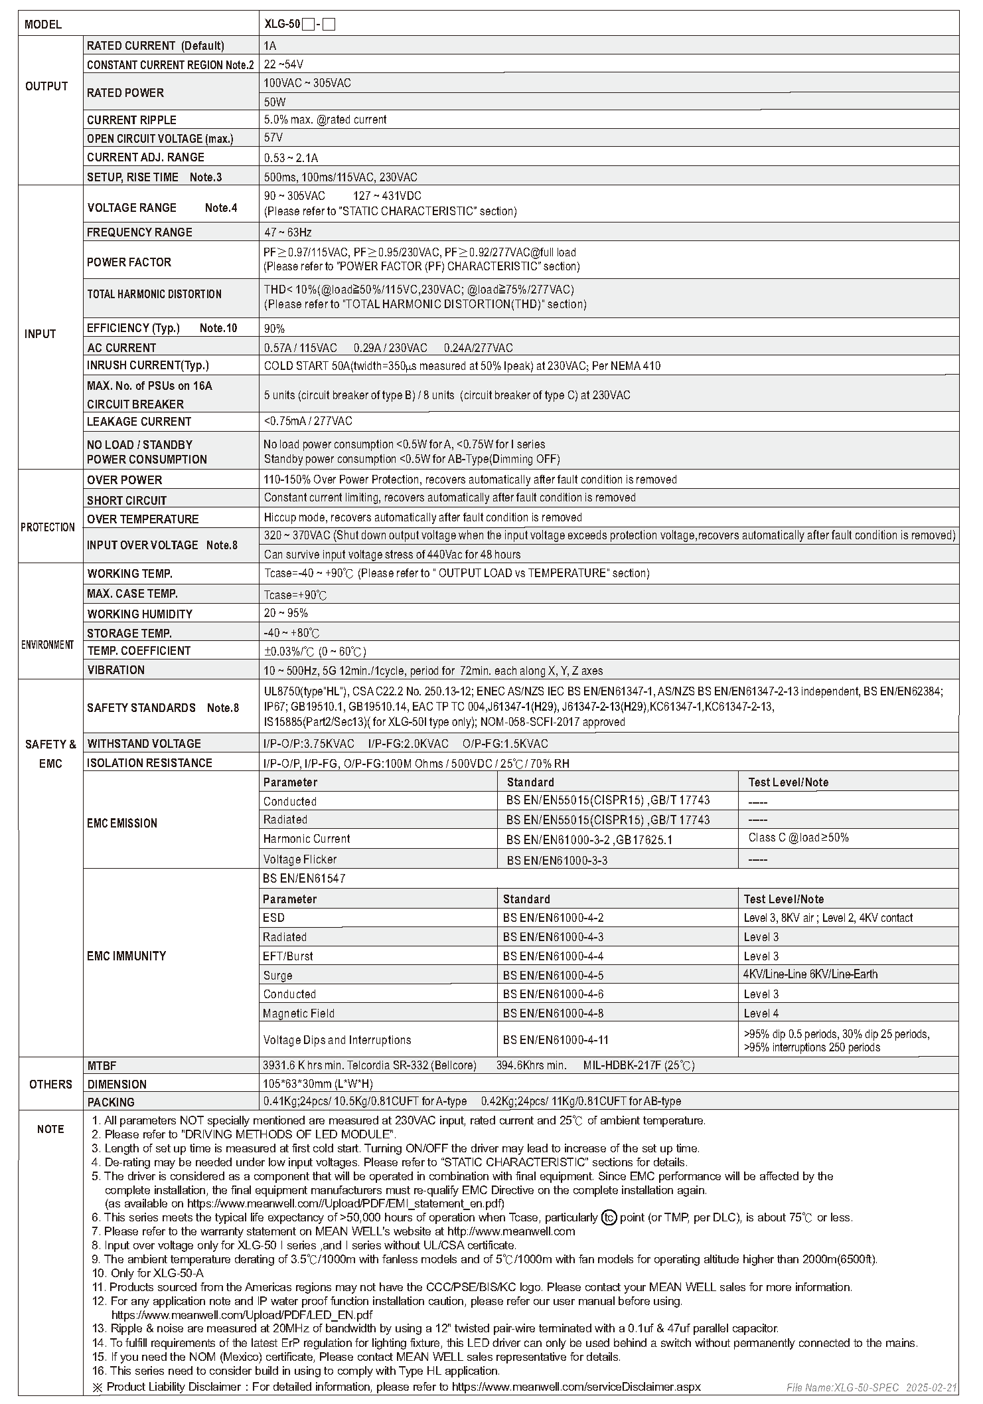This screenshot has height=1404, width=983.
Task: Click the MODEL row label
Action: (x=43, y=25)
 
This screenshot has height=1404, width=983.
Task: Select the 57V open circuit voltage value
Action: (x=273, y=138)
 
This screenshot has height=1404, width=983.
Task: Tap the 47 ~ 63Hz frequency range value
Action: (x=287, y=232)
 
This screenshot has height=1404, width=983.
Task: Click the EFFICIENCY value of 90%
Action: (x=274, y=329)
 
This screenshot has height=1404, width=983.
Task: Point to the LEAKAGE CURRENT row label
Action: (x=139, y=422)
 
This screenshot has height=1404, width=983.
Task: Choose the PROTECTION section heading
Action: (x=48, y=527)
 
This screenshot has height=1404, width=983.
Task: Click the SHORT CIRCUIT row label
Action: (x=127, y=501)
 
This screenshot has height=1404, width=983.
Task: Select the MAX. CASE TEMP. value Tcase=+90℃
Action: (x=295, y=595)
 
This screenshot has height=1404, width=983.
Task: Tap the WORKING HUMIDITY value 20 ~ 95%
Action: (x=286, y=614)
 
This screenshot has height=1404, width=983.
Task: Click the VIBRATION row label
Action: (x=115, y=670)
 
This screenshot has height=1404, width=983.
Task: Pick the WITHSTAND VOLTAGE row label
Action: (x=144, y=744)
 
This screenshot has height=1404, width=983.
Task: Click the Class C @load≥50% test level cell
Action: (x=798, y=838)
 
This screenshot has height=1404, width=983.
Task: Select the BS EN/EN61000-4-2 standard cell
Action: (x=553, y=918)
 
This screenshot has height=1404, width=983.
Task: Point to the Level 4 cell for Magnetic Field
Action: (x=761, y=1013)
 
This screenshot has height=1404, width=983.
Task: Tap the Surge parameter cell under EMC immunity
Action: (x=277, y=976)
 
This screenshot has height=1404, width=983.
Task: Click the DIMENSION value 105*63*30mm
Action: (x=318, y=1084)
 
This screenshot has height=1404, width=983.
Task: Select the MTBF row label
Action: (x=102, y=1065)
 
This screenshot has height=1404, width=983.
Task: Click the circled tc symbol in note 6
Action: (x=609, y=1217)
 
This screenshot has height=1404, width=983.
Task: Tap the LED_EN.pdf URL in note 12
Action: (x=242, y=1314)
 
